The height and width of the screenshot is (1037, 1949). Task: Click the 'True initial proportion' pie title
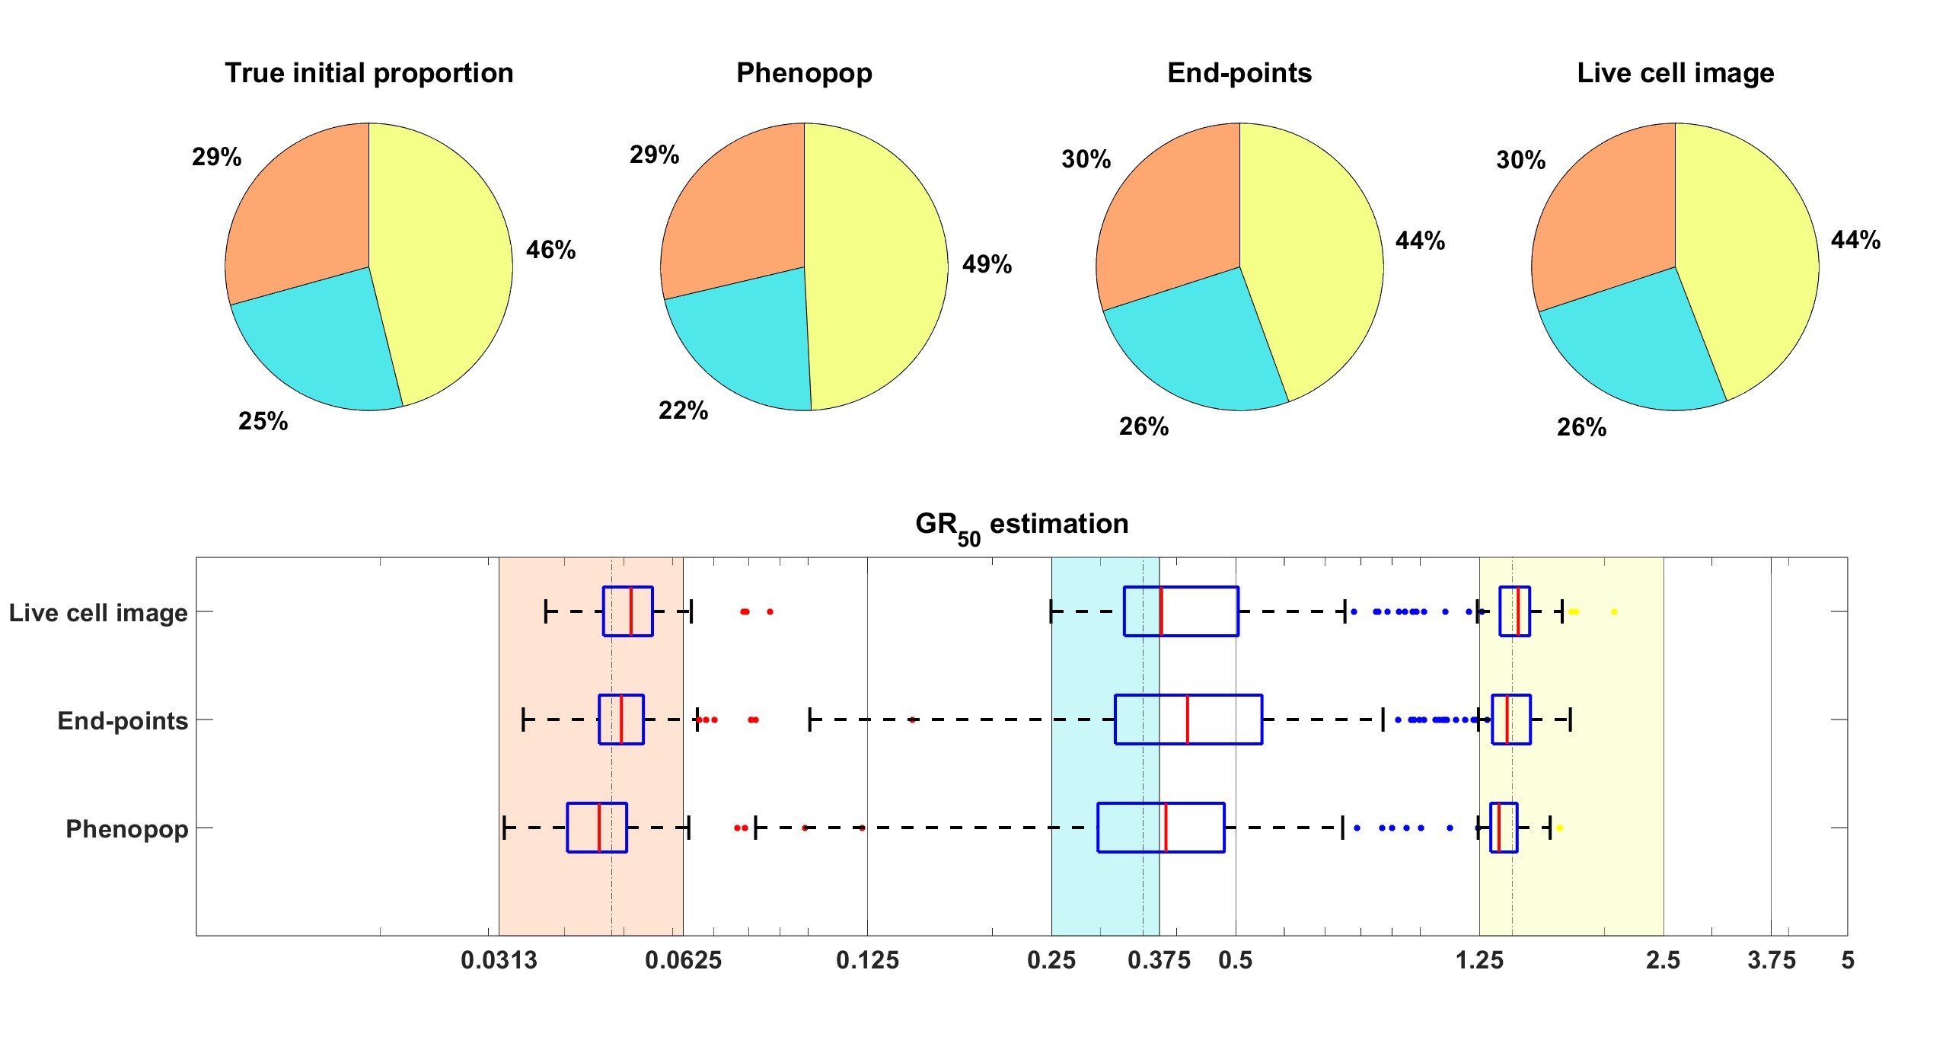(x=368, y=73)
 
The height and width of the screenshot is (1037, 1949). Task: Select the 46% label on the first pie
(x=550, y=250)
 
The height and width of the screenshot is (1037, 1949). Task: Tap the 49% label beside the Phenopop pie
(x=987, y=264)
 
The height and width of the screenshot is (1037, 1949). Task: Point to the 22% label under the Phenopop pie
(x=683, y=411)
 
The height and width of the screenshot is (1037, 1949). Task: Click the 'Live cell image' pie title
(x=1675, y=73)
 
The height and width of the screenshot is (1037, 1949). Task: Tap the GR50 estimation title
(x=1021, y=525)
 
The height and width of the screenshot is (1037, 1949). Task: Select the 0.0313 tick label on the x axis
(x=499, y=960)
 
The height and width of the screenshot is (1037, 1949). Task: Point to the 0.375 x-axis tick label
(x=1159, y=960)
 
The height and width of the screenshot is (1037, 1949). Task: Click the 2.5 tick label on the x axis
(x=1663, y=960)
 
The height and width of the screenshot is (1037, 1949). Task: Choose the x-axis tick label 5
(x=1848, y=960)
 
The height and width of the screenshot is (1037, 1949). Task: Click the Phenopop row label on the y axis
(x=126, y=828)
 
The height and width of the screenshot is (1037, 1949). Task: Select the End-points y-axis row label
(x=123, y=720)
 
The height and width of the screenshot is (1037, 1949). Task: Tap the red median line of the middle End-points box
(x=1187, y=720)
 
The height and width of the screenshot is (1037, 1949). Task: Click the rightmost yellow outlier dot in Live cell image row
(x=1614, y=611)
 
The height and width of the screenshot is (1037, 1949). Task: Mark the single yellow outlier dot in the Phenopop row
(x=1559, y=828)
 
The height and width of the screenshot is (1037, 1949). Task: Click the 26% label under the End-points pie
(x=1144, y=426)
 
